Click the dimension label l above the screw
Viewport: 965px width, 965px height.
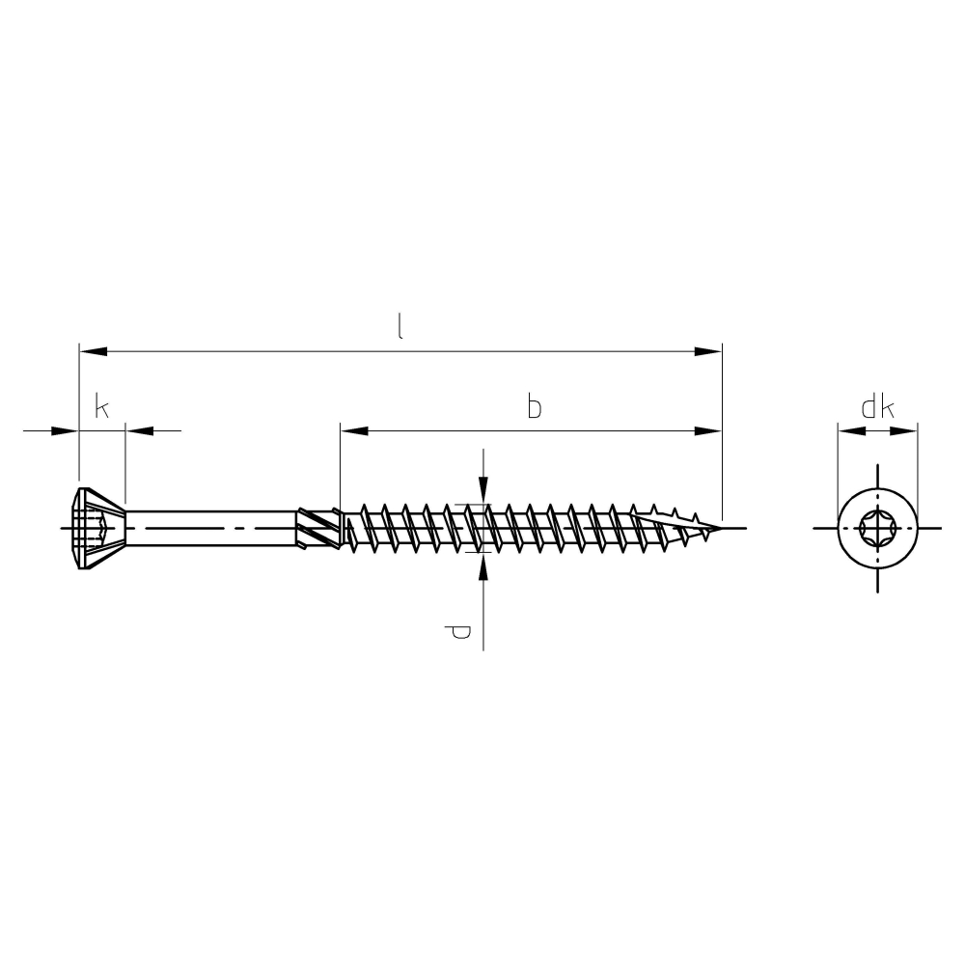400,326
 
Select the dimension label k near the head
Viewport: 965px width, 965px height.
102,407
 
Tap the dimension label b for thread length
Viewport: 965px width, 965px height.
535,407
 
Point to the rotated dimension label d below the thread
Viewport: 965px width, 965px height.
457,631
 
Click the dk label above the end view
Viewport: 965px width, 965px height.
877,407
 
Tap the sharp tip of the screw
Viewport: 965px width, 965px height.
720,528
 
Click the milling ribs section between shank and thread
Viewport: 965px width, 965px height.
318,528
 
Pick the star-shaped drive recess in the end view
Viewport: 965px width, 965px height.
877,528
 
